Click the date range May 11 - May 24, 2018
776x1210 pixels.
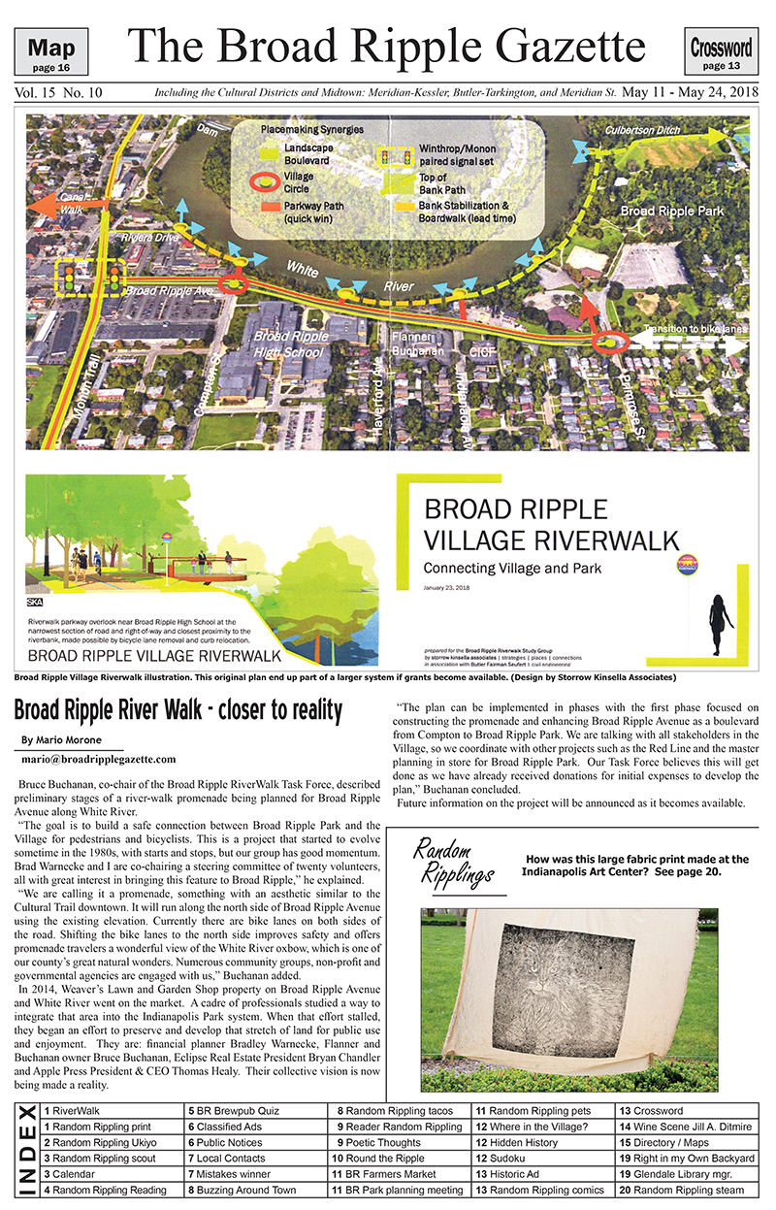pos(689,93)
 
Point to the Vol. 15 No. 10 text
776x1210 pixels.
pos(58,93)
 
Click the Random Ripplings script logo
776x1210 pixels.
pos(453,860)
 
